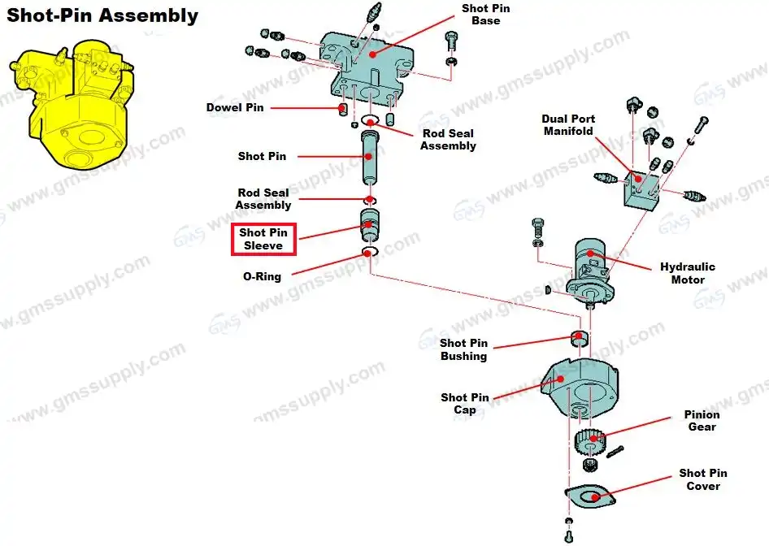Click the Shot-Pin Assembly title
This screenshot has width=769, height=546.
click(102, 15)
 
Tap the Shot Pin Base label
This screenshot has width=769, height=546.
click(486, 15)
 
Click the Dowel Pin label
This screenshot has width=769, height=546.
click(235, 107)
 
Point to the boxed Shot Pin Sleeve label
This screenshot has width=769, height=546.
click(263, 239)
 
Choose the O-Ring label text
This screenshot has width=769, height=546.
click(262, 276)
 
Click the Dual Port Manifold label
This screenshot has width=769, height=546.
click(568, 125)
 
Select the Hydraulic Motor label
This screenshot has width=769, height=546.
click(688, 273)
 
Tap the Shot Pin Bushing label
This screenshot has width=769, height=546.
click(463, 349)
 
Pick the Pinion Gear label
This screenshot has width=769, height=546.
click(702, 421)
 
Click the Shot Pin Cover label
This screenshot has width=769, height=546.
click(703, 479)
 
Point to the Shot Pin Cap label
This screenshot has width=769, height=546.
click(465, 404)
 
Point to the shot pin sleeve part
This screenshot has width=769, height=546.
click(370, 226)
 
